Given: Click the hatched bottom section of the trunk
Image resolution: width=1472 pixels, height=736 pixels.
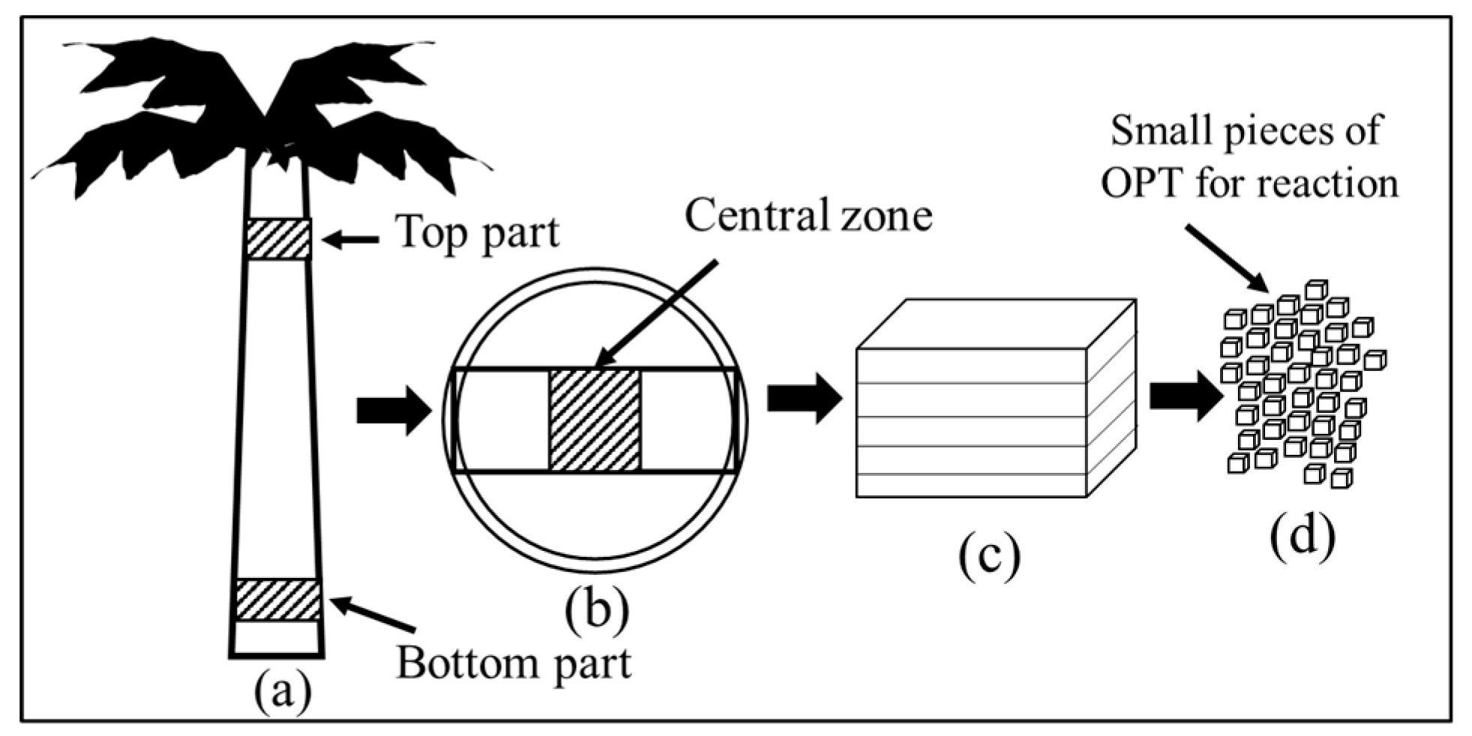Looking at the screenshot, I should [278, 600].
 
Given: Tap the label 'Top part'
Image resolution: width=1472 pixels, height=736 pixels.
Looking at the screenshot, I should [478, 232].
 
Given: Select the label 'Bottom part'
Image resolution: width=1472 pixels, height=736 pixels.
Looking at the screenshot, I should [514, 663].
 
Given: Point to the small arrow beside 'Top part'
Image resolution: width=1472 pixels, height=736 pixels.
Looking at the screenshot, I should [351, 240].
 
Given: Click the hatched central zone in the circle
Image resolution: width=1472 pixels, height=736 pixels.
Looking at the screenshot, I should [595, 420].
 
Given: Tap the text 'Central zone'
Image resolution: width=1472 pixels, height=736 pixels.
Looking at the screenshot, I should [808, 216].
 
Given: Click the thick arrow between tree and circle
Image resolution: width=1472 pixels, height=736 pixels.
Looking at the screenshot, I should [394, 411].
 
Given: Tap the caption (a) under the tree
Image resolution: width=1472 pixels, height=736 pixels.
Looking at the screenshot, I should [282, 693].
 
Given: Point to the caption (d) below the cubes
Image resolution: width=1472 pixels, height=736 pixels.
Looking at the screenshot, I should [1303, 537].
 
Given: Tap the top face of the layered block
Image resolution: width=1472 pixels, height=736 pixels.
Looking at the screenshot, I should [997, 324].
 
